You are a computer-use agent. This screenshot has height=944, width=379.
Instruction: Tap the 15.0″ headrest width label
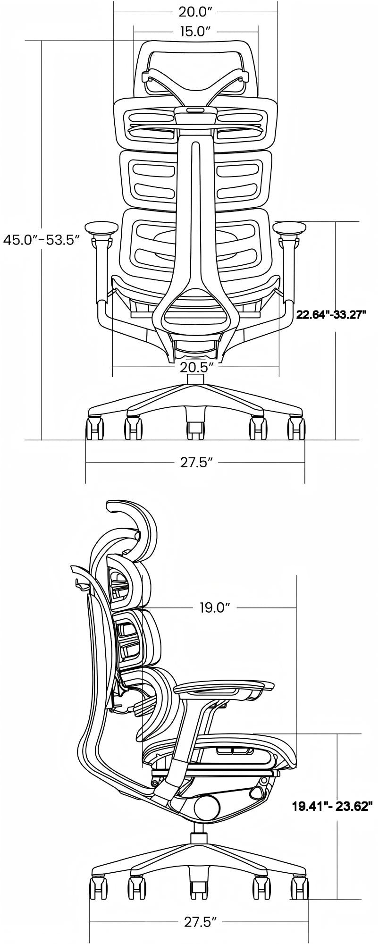[195, 32]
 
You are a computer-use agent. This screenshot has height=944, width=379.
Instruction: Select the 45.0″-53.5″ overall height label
[41, 240]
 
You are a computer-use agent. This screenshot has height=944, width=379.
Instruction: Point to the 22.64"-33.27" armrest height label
[331, 314]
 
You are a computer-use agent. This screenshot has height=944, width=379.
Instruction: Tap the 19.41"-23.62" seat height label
[333, 806]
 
